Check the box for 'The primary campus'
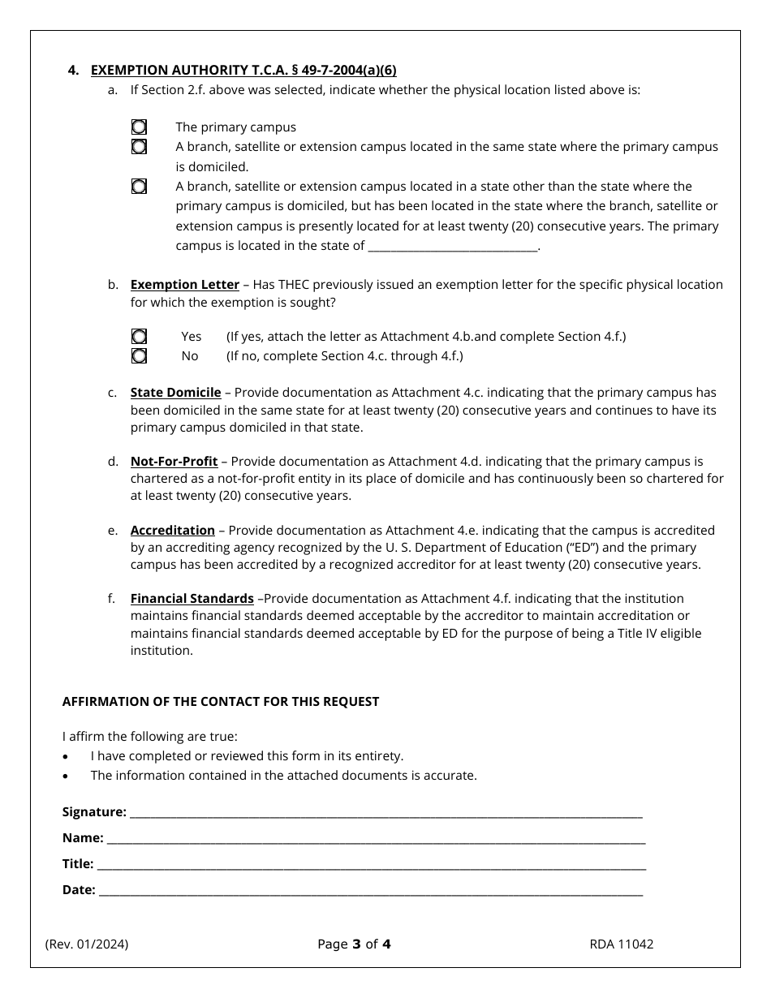coord(140,127)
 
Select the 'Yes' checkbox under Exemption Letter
coord(140,336)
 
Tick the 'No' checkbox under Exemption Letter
coord(140,355)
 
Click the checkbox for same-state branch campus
coord(140,147)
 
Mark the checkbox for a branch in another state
coord(140,187)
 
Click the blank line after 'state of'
coord(453,247)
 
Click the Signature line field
coord(385,812)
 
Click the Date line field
coord(370,890)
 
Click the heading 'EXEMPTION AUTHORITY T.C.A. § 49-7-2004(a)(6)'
coord(243,71)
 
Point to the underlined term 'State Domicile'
coord(175,393)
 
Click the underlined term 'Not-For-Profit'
coord(174,462)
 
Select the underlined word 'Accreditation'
coord(172,531)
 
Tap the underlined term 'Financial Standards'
coord(192,599)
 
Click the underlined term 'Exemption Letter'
coord(184,285)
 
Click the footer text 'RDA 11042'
coord(622,944)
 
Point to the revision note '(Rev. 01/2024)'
coord(87,944)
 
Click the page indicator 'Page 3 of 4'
coord(355,944)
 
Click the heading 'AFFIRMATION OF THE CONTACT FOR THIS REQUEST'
coord(221,702)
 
